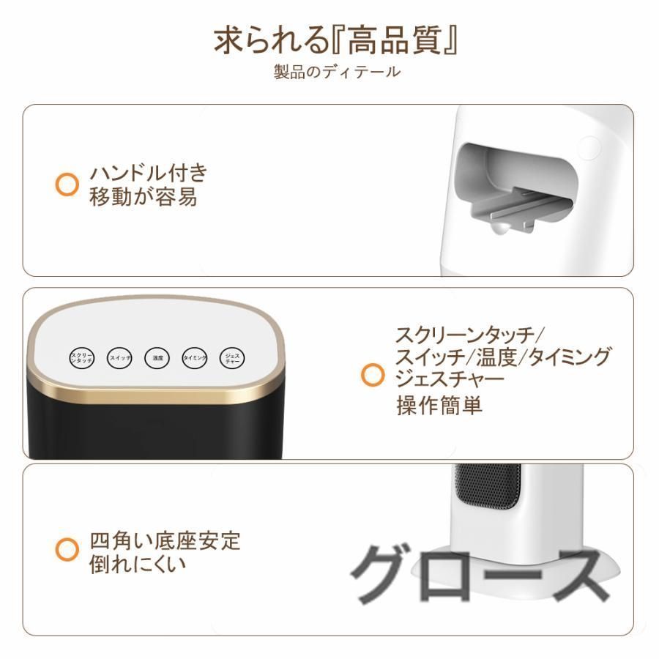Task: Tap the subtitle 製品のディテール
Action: coord(337,72)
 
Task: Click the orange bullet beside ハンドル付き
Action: coord(67,184)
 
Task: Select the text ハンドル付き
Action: coord(149,174)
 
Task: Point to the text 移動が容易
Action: coord(143,197)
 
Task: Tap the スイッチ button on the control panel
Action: coord(120,358)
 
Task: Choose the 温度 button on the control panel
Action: coord(157,358)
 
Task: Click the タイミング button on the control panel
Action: coord(195,358)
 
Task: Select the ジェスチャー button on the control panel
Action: coord(231,358)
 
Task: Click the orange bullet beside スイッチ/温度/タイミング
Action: coord(373,376)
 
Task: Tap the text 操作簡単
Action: coord(439,406)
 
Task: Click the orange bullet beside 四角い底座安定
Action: coord(67,548)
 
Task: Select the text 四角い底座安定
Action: coord(165,542)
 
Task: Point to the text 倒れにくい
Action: coord(138,565)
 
